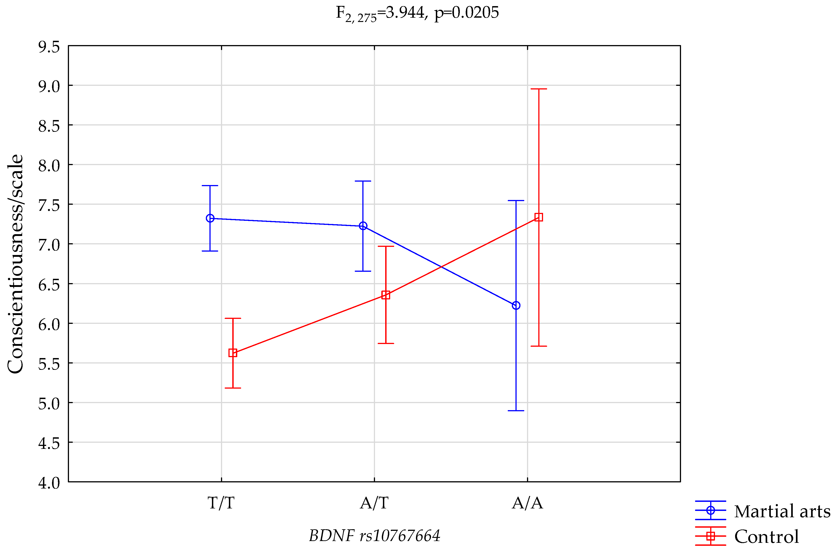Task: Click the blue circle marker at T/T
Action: (210, 219)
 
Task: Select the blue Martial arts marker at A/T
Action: (363, 226)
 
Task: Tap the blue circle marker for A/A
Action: (516, 305)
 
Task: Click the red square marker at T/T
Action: (233, 353)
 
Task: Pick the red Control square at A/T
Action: (386, 295)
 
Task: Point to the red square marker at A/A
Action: (539, 217)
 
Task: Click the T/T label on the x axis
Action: (221, 503)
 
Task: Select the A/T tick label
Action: (374, 503)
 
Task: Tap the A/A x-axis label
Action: (527, 503)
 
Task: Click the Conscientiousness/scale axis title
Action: (15, 264)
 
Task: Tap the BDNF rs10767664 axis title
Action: (374, 536)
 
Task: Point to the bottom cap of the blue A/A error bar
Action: (516, 411)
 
